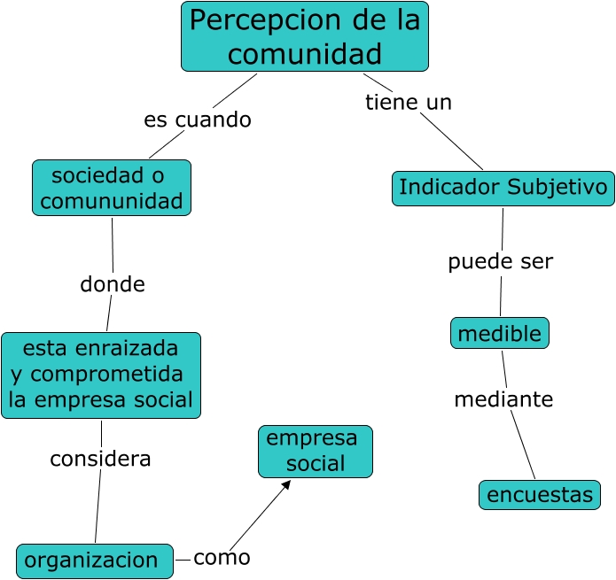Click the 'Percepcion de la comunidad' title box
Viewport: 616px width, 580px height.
click(x=305, y=36)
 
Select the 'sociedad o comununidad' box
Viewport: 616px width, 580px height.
click(x=112, y=188)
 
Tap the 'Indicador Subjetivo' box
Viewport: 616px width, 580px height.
click(x=503, y=188)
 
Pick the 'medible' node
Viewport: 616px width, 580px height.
click(x=500, y=333)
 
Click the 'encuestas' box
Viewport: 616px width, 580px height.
click(x=540, y=494)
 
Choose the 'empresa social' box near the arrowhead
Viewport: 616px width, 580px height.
click(x=316, y=451)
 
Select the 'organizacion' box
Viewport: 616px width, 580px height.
click(x=95, y=561)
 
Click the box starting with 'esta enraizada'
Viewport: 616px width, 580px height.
click(x=101, y=375)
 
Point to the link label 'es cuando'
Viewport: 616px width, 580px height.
click(x=198, y=120)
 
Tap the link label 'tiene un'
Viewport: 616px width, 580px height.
click(x=409, y=102)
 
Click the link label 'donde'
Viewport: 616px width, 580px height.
click(x=113, y=284)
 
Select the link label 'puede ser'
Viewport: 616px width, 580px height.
click(x=500, y=261)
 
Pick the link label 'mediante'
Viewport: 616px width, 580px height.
click(x=503, y=399)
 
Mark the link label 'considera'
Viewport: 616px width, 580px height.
click(x=100, y=459)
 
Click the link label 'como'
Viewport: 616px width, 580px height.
click(x=222, y=558)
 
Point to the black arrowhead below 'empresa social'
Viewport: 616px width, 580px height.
click(x=285, y=484)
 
